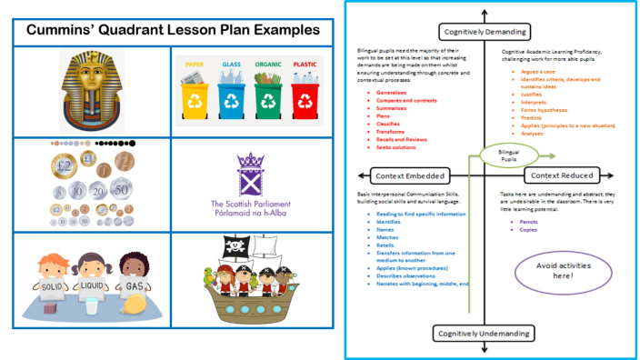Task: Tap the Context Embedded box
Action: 404,175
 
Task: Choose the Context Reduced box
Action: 562,175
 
